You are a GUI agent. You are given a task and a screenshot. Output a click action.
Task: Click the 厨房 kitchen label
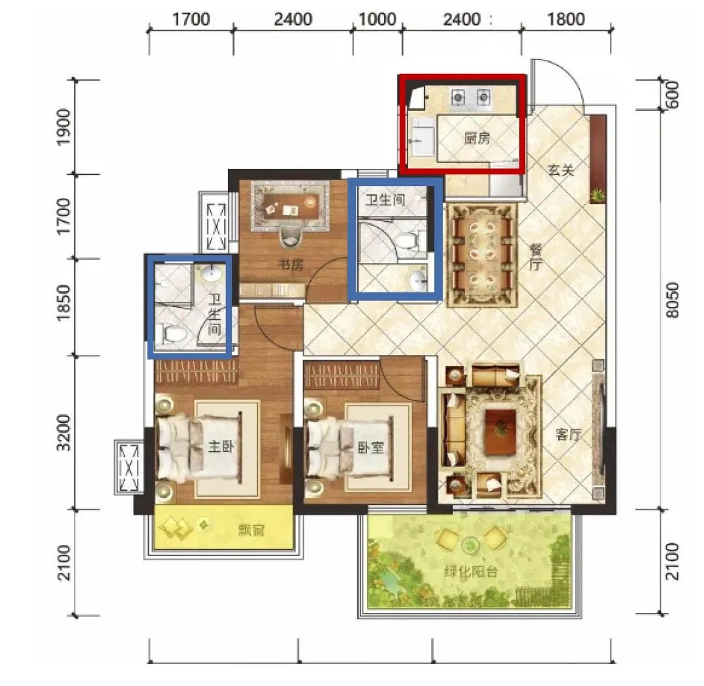[x=477, y=138]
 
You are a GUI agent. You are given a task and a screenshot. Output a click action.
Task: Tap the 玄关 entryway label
[x=561, y=170]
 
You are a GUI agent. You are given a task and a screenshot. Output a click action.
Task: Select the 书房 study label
[x=291, y=265]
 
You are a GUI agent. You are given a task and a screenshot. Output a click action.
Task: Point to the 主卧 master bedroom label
[x=221, y=446]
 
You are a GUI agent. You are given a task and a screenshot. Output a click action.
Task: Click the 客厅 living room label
[x=568, y=434]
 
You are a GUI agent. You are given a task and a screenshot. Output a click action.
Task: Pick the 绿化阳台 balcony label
[x=470, y=572]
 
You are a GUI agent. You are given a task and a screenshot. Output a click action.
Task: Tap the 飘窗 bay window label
[x=251, y=530]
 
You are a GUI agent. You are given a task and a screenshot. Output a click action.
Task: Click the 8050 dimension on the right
[x=672, y=300]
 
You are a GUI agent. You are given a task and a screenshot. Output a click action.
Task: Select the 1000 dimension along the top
[x=377, y=20]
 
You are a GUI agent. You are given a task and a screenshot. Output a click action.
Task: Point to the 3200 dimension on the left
[x=64, y=433]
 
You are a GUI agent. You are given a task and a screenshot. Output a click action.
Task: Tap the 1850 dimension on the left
[x=64, y=303]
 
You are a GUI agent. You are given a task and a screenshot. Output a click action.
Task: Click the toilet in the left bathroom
[x=174, y=334]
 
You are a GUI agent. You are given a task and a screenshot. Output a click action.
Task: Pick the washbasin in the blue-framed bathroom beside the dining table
[x=419, y=279]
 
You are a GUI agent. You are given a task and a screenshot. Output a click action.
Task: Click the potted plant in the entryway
[x=598, y=195]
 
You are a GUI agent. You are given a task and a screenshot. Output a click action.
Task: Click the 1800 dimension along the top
[x=566, y=20]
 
